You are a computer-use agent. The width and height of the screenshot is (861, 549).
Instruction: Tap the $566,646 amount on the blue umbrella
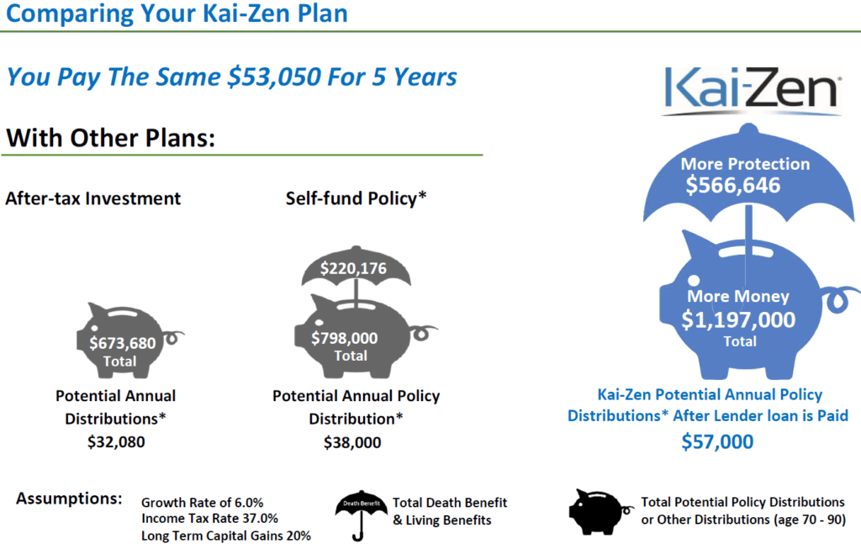732,186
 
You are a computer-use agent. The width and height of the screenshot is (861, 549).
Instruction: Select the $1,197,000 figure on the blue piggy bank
738,319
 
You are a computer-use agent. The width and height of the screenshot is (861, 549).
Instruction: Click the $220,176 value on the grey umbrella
353,268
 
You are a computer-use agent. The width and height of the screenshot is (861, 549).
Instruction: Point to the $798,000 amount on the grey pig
344,338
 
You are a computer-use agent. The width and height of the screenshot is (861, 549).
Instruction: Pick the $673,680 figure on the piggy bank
123,343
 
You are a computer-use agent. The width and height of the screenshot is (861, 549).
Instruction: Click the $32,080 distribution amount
116,442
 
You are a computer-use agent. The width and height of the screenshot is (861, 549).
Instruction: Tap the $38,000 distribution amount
352,442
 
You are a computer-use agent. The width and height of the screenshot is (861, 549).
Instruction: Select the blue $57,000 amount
717,441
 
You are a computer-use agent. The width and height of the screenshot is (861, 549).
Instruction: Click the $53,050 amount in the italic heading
274,77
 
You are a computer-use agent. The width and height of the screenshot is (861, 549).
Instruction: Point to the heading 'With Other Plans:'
110,138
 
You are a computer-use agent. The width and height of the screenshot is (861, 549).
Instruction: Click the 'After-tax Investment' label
92,198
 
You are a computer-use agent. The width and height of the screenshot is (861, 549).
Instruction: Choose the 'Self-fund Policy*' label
356,198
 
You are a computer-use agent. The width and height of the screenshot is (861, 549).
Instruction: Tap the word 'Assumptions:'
69,499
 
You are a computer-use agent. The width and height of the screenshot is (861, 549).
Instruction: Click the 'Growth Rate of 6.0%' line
202,502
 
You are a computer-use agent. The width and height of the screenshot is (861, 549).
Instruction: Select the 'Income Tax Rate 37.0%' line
209,518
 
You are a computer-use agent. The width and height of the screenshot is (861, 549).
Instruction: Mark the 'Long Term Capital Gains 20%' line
225,536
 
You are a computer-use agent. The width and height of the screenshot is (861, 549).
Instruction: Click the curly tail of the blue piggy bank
841,300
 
